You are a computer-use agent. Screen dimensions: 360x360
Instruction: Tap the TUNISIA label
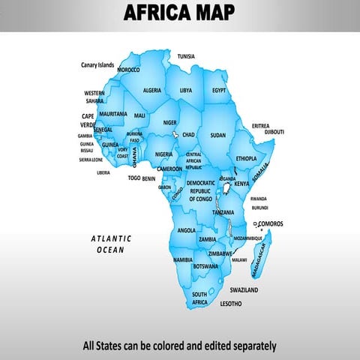185,56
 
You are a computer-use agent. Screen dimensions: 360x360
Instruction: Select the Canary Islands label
97,65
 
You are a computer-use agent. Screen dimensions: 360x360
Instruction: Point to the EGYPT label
219,90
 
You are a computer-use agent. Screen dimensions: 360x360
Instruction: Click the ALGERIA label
152,90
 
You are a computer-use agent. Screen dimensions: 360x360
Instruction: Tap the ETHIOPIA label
246,158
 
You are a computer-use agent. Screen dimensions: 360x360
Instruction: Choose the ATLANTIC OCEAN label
111,244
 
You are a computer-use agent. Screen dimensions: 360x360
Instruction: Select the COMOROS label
270,223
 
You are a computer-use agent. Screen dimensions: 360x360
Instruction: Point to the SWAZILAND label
244,289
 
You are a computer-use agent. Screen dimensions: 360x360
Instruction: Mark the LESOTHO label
231,304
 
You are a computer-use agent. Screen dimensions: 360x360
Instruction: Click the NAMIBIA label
183,259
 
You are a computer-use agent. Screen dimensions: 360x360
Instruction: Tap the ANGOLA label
187,230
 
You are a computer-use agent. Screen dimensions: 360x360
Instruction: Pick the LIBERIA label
103,172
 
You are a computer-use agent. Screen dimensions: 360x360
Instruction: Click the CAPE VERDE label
88,121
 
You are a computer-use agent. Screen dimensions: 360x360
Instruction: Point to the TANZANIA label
223,213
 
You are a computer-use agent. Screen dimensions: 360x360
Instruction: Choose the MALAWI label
239,259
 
